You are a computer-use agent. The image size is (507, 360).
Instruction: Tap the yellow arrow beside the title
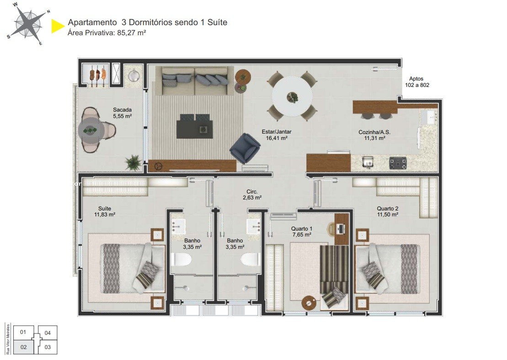(x=57, y=26)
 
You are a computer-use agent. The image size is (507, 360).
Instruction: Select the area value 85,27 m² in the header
(x=131, y=32)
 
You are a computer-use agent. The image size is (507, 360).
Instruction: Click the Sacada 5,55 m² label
(x=122, y=113)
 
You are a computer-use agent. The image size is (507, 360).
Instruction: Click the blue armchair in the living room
(x=245, y=147)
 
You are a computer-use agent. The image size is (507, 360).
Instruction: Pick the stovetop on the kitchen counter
(x=398, y=162)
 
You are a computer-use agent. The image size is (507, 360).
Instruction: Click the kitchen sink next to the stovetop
(x=367, y=161)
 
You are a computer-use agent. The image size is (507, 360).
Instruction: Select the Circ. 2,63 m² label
(x=252, y=195)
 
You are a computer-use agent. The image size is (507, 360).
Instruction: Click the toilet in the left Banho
(x=182, y=260)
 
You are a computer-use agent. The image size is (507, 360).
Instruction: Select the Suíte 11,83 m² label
(x=104, y=211)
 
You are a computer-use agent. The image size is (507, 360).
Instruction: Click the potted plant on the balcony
(x=133, y=161)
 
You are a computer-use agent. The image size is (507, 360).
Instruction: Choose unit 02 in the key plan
(x=24, y=347)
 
